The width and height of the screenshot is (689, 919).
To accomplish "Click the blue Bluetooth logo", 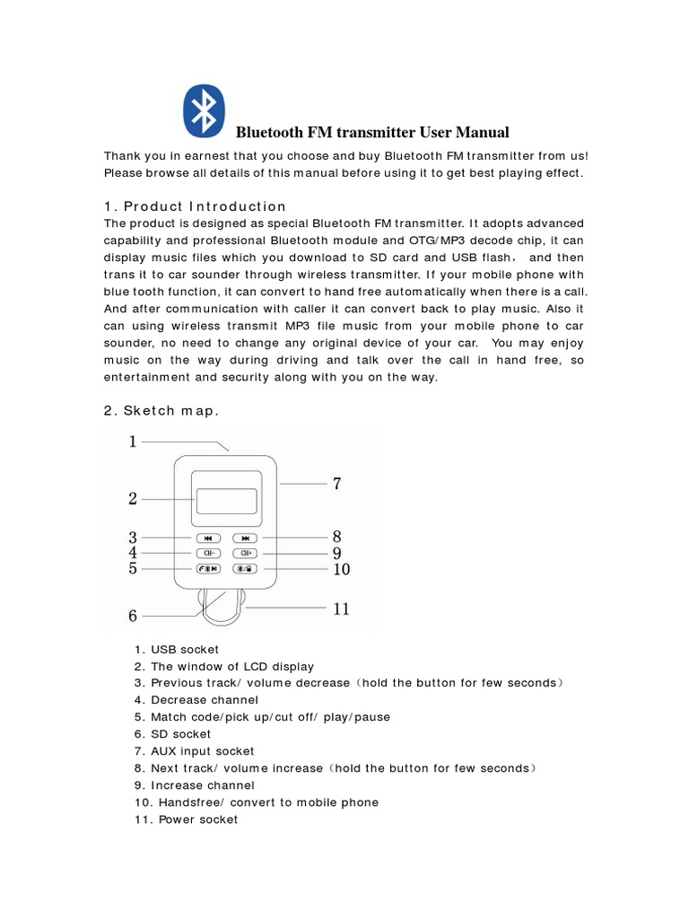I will [x=205, y=111].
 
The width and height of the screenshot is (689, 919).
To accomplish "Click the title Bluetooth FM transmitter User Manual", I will [x=371, y=133].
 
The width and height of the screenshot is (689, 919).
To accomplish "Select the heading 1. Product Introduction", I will [x=195, y=206].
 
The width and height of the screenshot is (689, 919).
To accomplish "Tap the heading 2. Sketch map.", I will [x=161, y=410].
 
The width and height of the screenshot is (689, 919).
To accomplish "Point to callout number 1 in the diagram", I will [x=133, y=441].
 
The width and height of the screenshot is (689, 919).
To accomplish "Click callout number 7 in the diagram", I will [x=336, y=484].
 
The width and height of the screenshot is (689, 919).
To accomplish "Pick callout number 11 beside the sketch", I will [x=341, y=608].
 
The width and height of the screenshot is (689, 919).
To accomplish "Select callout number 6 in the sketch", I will [x=133, y=616].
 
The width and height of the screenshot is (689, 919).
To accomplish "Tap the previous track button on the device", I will [x=207, y=538].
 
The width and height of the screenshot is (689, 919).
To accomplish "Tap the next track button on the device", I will [x=245, y=538].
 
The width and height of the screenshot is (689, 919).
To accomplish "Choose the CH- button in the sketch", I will [x=207, y=553].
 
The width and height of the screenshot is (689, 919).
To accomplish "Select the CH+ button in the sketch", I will [x=245, y=553].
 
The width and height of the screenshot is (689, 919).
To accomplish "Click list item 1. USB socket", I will [x=177, y=649].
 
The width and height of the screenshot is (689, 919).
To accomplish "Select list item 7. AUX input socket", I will [x=194, y=751].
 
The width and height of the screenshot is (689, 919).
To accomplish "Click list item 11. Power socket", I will [x=186, y=819].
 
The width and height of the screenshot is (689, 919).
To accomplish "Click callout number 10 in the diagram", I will [x=341, y=569].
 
